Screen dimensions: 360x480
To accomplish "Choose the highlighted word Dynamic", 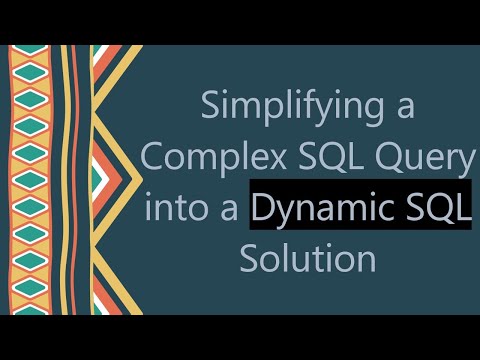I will tap(321, 208).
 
